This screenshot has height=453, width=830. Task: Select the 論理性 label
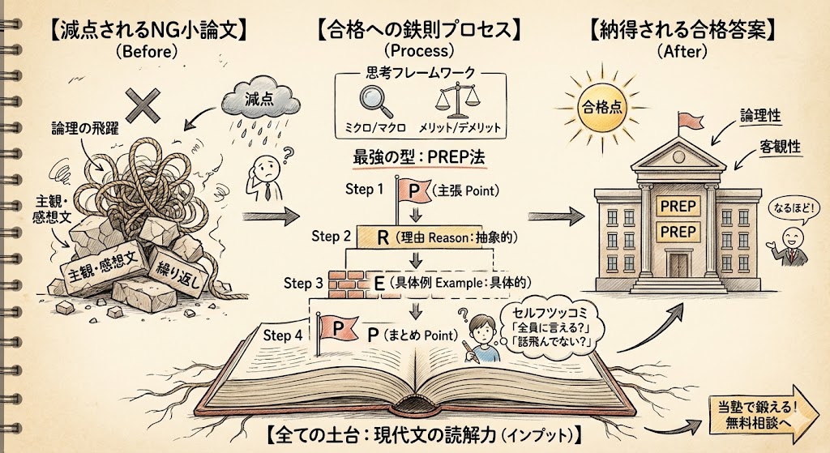759,116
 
